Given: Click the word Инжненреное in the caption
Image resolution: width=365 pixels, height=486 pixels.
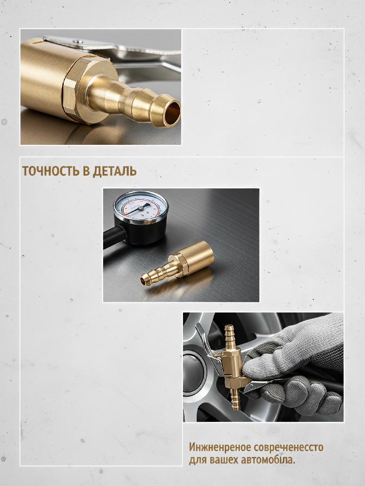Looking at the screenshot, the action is click(220, 447).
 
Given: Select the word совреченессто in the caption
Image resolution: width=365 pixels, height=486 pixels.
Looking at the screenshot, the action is click(288, 448).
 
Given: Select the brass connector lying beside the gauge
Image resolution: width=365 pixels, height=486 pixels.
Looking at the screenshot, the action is click(178, 263).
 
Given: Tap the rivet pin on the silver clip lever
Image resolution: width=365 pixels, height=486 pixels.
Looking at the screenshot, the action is click(78, 41).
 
